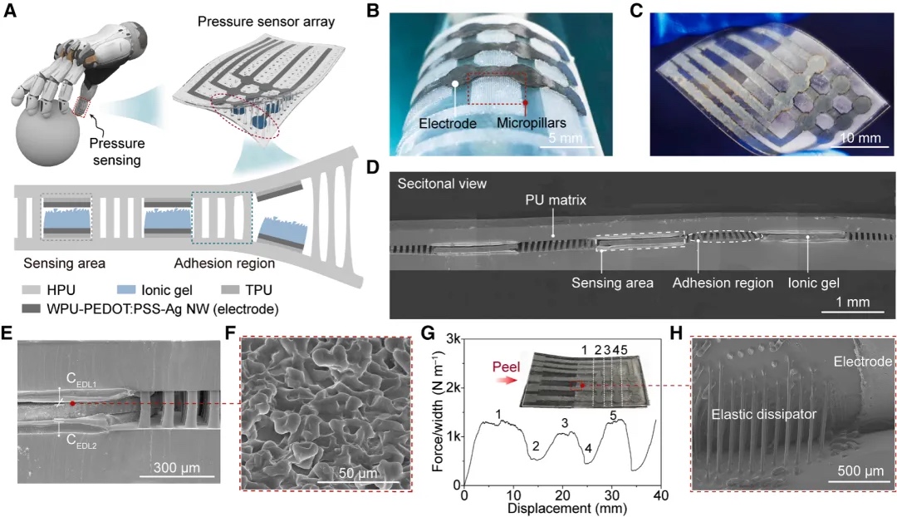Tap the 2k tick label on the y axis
click(451, 388)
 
